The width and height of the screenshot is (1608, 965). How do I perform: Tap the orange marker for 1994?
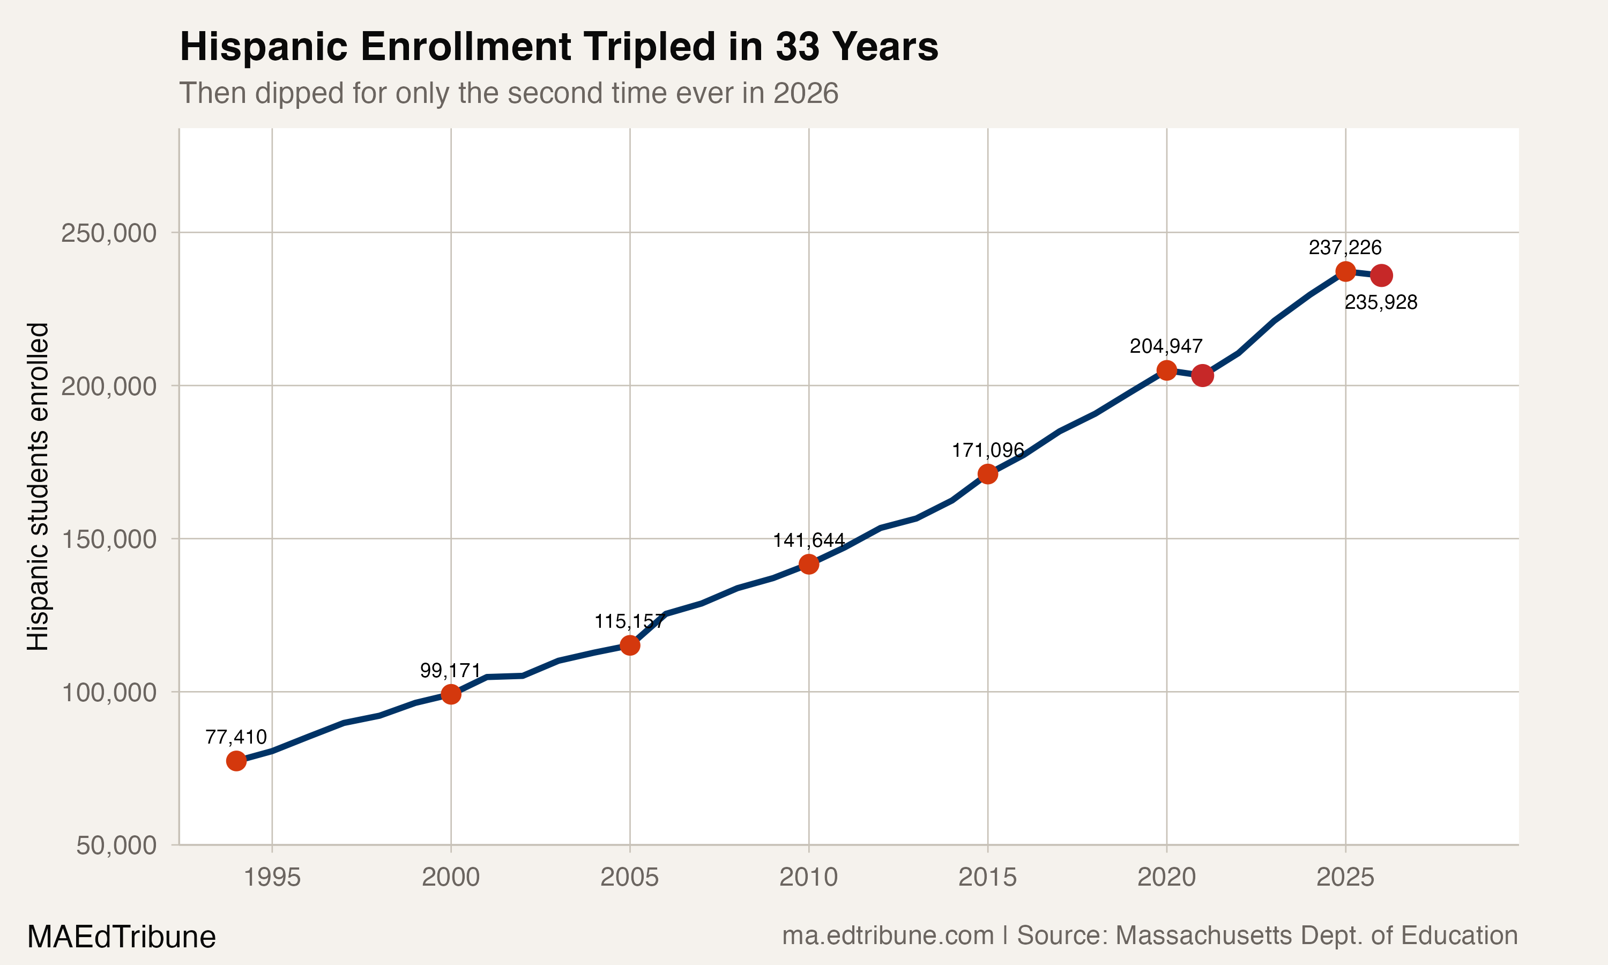click(x=236, y=761)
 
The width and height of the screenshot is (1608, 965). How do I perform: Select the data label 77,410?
click(x=236, y=737)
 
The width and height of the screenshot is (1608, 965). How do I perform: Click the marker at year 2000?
click(x=451, y=694)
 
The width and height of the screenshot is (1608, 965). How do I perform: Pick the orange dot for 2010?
click(x=808, y=564)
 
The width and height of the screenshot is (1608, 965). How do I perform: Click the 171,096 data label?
click(x=987, y=450)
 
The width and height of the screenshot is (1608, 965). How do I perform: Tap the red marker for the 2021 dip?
click(x=1202, y=375)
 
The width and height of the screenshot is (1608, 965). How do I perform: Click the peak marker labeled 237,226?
click(x=1345, y=271)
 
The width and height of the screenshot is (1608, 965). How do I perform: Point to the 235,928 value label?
click(x=1381, y=302)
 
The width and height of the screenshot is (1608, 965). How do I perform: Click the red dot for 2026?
click(x=1381, y=276)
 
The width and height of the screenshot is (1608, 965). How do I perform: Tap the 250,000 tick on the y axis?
click(x=109, y=233)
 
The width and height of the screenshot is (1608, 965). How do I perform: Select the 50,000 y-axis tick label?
click(x=116, y=845)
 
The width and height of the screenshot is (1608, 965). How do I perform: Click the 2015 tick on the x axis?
click(x=987, y=878)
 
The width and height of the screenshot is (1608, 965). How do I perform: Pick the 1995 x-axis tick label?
click(x=272, y=878)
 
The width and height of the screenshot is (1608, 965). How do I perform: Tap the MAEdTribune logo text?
click(x=122, y=937)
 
